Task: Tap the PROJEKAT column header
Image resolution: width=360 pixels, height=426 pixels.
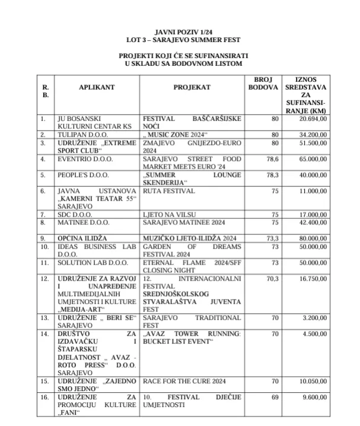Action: pyautogui.click(x=192, y=87)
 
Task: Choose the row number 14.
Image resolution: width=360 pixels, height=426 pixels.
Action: pyautogui.click(x=43, y=334)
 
